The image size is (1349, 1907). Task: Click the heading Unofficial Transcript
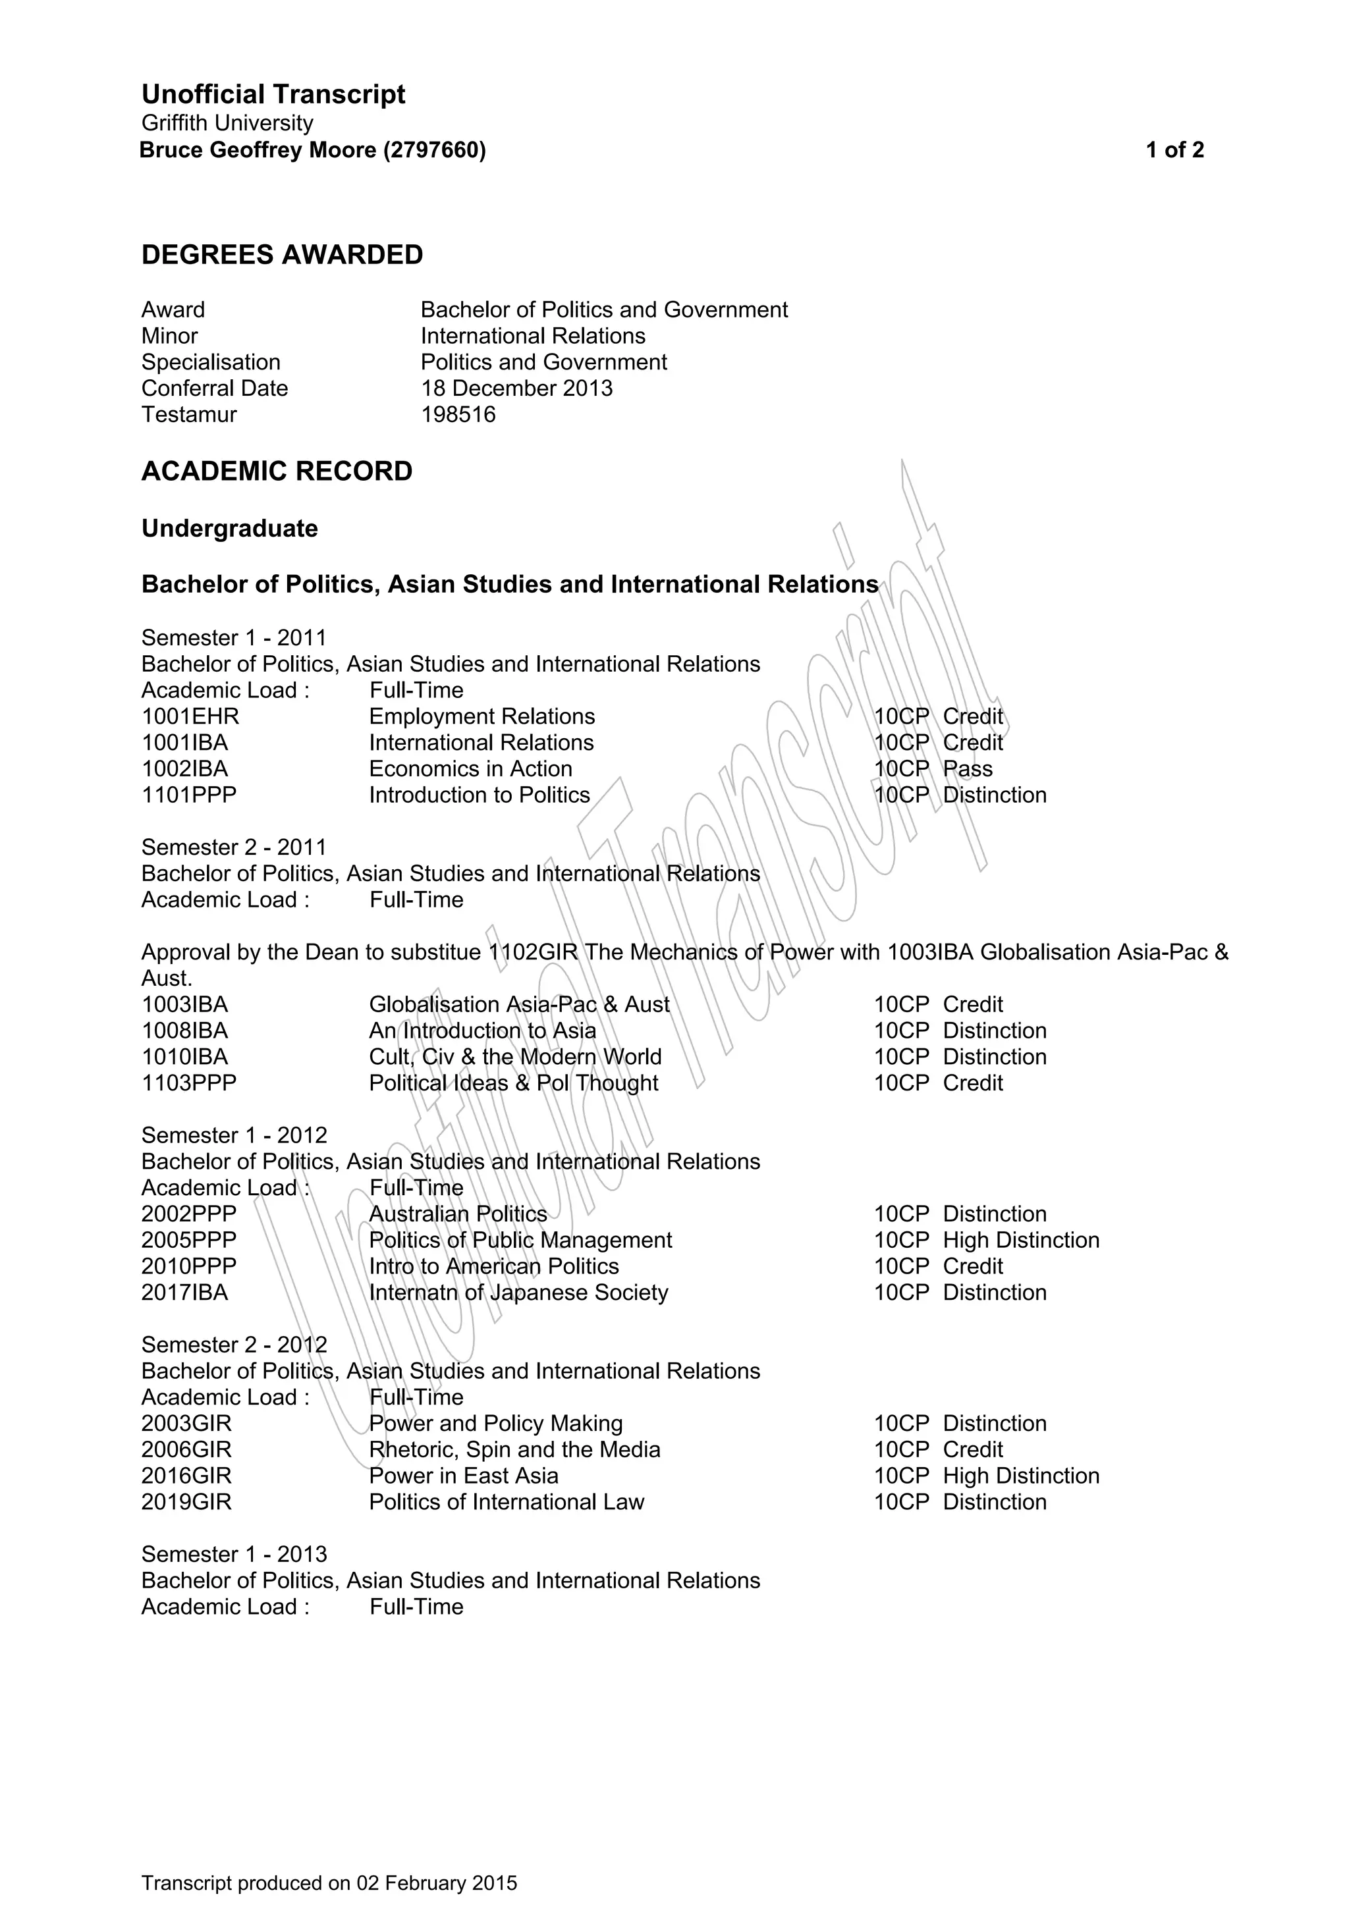(x=273, y=94)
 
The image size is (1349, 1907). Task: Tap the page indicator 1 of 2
(x=1174, y=150)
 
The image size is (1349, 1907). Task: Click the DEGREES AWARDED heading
(x=283, y=255)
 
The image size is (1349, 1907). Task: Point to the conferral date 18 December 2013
(x=516, y=388)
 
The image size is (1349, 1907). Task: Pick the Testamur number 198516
(x=458, y=414)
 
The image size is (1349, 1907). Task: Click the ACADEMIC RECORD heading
(x=277, y=471)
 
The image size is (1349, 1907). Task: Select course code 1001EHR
(x=190, y=716)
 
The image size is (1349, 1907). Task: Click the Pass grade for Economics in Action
(x=968, y=769)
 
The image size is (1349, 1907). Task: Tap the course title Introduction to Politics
(x=480, y=795)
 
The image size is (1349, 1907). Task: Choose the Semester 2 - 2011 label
(x=233, y=847)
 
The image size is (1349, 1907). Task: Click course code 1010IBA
(x=184, y=1056)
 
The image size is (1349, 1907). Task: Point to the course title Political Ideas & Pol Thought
(x=513, y=1083)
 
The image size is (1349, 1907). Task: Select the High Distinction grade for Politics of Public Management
(x=1021, y=1240)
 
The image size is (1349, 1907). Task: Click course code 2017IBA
(x=184, y=1293)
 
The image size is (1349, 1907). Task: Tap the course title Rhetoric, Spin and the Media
(x=514, y=1449)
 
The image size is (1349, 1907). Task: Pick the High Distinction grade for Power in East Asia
(x=1021, y=1476)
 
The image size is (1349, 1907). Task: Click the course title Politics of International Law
(x=507, y=1501)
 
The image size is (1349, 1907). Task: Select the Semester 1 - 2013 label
(x=233, y=1554)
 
